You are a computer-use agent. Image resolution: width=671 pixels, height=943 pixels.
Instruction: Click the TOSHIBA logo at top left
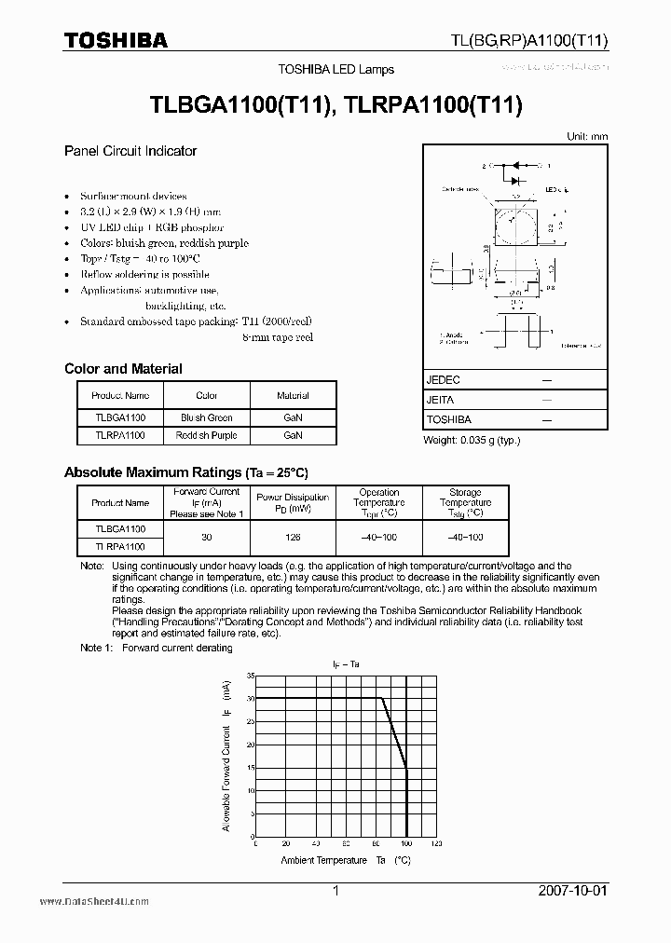[x=116, y=40]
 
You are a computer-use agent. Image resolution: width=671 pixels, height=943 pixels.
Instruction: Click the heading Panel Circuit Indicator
[x=130, y=151]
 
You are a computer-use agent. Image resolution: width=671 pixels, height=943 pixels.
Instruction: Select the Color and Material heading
[x=123, y=369]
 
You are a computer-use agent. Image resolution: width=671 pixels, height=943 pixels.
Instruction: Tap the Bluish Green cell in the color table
[x=207, y=417]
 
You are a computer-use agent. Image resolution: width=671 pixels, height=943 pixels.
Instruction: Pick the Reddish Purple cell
[x=207, y=435]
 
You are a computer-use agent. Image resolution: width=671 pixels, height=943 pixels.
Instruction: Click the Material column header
[x=293, y=396]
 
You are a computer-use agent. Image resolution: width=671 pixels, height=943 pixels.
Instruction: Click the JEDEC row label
[x=444, y=380]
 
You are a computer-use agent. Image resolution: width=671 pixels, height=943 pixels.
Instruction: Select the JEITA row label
[x=440, y=400]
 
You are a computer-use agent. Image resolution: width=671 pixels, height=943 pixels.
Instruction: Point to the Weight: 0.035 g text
[x=472, y=440]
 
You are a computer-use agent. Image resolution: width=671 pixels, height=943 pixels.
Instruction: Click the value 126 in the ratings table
[x=293, y=537]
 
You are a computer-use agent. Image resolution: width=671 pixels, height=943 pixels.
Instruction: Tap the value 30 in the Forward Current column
[x=207, y=537]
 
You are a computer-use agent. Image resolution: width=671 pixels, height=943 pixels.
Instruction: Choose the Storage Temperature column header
[x=465, y=502]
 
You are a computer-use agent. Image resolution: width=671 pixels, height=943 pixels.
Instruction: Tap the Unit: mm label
[x=587, y=136]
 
